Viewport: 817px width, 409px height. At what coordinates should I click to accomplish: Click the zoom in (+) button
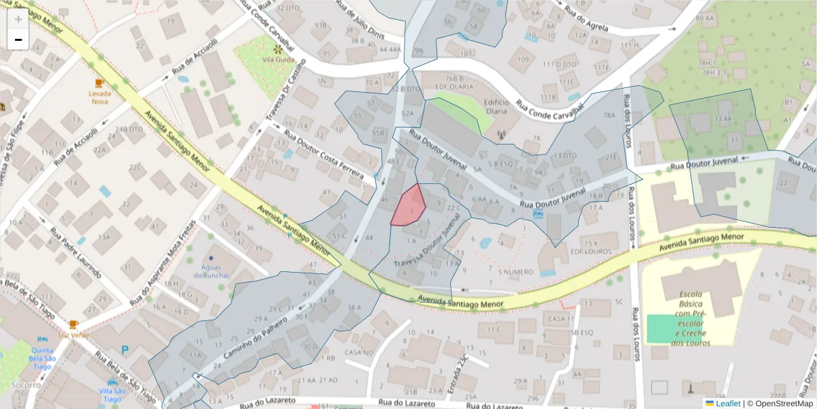(18, 19)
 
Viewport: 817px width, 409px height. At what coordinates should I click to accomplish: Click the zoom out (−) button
(18, 40)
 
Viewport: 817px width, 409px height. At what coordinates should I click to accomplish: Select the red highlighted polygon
(408, 205)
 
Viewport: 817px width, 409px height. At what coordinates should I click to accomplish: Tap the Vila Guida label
(278, 60)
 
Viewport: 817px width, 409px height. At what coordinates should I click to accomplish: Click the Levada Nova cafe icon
(99, 83)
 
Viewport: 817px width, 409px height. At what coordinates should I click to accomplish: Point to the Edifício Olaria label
(496, 106)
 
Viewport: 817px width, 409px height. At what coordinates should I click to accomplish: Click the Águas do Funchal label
(212, 271)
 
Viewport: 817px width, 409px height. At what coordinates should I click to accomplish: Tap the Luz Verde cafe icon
(74, 324)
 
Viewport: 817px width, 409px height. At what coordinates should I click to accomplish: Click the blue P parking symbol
(125, 350)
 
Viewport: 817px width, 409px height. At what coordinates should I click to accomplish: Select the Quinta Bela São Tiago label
(42, 357)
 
